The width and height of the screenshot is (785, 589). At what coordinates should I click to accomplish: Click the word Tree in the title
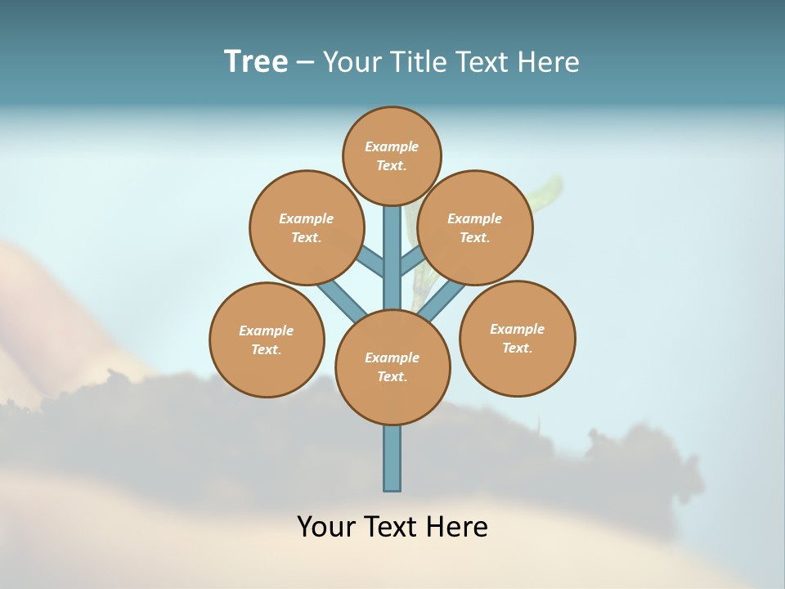256,61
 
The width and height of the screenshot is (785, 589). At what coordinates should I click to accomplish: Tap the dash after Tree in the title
305,63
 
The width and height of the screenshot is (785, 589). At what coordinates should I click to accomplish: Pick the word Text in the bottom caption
392,527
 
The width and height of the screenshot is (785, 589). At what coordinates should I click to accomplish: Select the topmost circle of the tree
392,155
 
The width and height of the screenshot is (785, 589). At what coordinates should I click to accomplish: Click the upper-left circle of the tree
306,227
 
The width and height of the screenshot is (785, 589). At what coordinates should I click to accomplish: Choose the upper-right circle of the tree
475,227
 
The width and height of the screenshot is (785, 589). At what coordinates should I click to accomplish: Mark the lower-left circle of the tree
267,339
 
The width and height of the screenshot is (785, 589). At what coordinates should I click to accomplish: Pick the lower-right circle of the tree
517,338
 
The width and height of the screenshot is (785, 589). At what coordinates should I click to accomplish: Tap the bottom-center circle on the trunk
392,367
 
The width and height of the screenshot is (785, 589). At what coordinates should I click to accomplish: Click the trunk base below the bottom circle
392,458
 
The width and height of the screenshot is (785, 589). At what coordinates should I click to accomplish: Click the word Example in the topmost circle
392,146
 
